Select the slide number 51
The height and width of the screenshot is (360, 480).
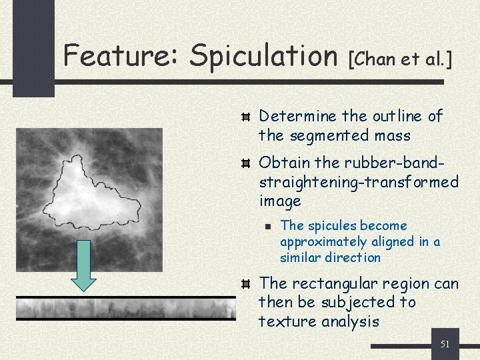445,344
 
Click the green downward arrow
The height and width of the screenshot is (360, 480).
84,266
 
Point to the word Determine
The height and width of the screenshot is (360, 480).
297,116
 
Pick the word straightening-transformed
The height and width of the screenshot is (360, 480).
359,181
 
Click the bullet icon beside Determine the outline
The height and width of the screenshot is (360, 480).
245,117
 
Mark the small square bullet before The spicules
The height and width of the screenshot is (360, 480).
266,227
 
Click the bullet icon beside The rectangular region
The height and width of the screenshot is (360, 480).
245,285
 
